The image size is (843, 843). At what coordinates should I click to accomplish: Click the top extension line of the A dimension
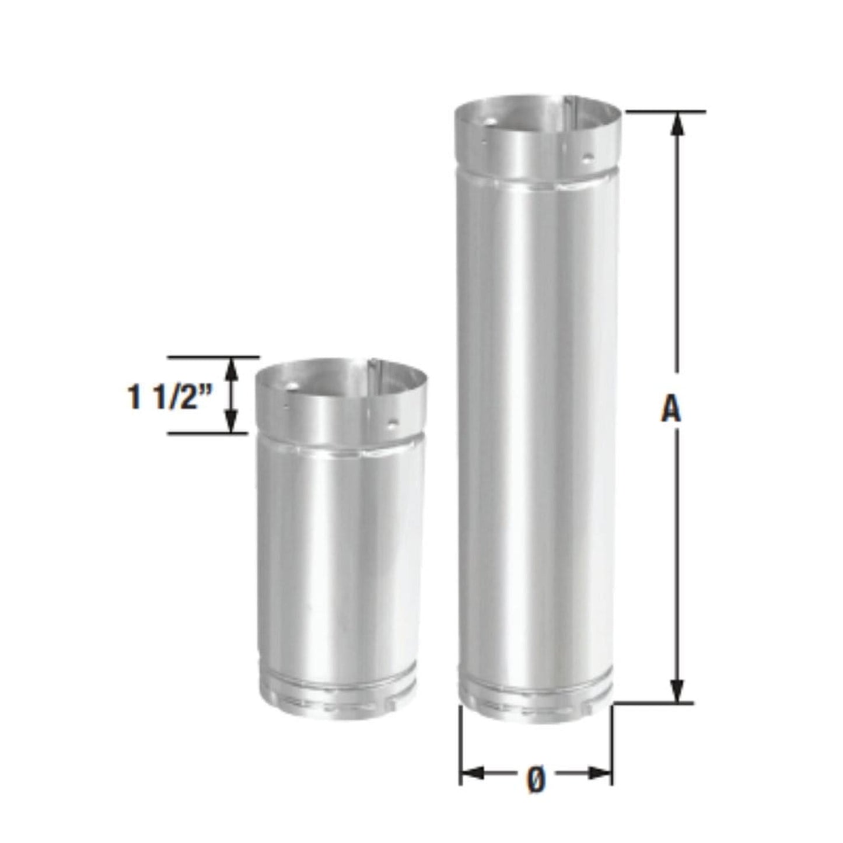[665, 111]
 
